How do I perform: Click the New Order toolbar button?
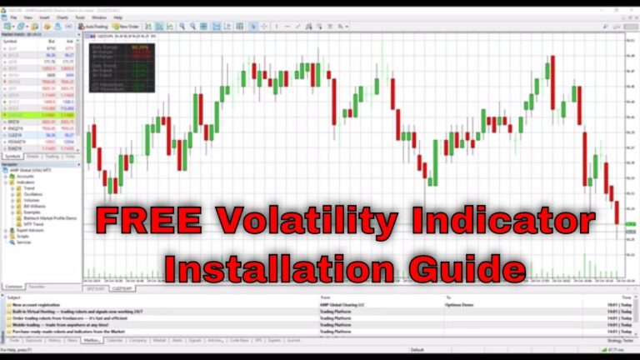125,27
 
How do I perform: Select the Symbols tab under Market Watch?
13,156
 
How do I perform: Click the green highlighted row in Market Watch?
40,115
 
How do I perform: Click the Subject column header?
16,297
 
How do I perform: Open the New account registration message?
42,304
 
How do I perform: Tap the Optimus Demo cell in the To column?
460,304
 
